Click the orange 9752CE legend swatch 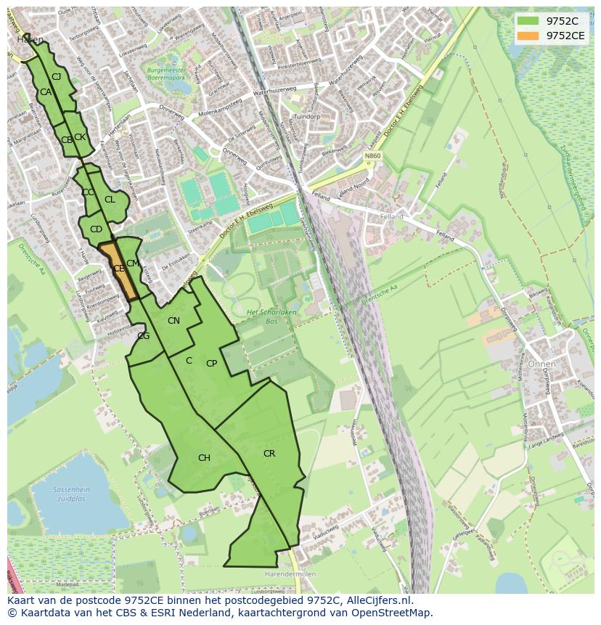pos(528,36)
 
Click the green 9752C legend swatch pos(528,21)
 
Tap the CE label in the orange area pos(119,269)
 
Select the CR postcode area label pos(269,454)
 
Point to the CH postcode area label pos(204,458)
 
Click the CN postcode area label pos(173,321)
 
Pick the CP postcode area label pos(211,364)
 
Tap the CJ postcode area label pos(56,76)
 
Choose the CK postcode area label pos(80,137)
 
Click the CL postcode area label pos(110,200)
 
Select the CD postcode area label pos(96,229)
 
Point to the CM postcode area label pos(132,264)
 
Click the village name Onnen pos(541,364)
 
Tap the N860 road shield pos(372,156)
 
